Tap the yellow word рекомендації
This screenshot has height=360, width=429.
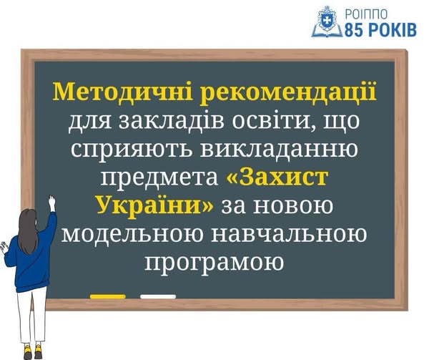click(288, 92)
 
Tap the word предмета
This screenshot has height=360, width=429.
click(159, 177)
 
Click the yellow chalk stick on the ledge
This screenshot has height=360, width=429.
click(108, 296)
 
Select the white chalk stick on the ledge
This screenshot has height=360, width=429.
click(158, 296)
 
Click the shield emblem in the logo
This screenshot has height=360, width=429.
click(327, 21)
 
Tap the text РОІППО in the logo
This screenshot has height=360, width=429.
click(366, 14)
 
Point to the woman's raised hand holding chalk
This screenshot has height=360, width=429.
click(51, 203)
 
